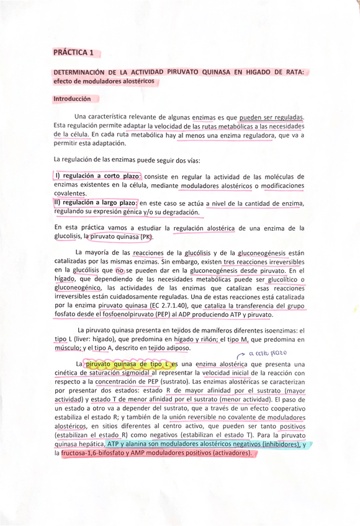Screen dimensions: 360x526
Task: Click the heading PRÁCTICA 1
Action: (x=74, y=53)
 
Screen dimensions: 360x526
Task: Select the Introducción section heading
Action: (x=72, y=99)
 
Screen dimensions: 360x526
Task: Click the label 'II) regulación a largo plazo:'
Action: (x=96, y=203)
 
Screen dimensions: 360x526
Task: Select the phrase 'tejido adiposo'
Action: (x=175, y=349)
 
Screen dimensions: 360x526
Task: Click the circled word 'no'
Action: (x=120, y=270)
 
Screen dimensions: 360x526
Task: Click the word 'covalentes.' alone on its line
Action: (x=70, y=194)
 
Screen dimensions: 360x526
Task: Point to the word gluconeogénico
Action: (x=78, y=288)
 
